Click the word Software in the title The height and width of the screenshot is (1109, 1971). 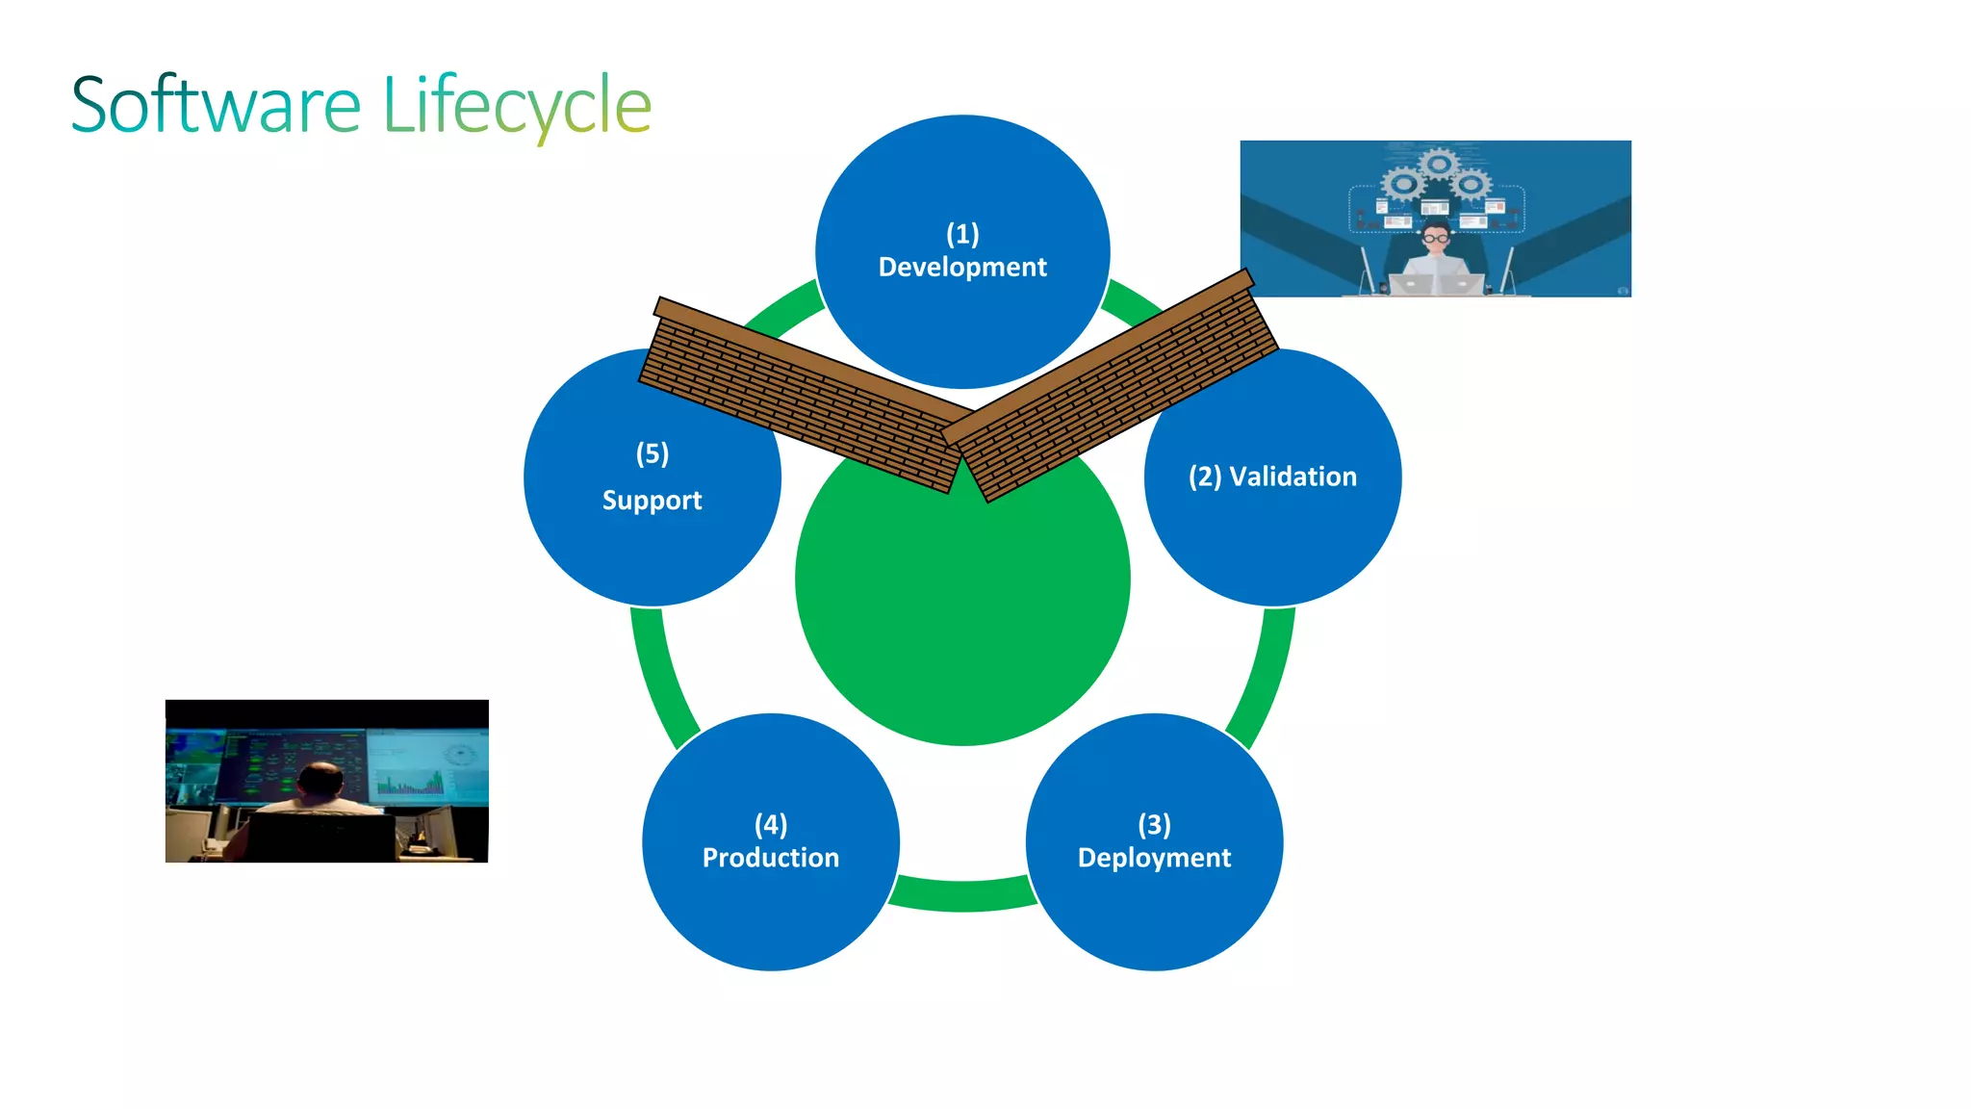[x=216, y=105]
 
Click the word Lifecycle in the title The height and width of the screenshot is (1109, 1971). [x=517, y=105]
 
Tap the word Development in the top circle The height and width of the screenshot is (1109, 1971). [x=962, y=267]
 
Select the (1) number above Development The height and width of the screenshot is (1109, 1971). [x=962, y=234]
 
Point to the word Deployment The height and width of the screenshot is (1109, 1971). [x=1154, y=858]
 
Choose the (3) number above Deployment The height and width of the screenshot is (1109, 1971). [x=1154, y=825]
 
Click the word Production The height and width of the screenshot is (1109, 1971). [x=770, y=858]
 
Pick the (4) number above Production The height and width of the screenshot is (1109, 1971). [x=770, y=825]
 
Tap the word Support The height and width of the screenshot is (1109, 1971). [x=652, y=501]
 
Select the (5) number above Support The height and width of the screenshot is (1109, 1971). [x=652, y=453]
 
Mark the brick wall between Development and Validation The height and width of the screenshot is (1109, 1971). [x=1116, y=385]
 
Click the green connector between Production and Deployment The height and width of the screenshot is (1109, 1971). [x=962, y=894]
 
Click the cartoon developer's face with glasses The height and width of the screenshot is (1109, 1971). [x=1436, y=237]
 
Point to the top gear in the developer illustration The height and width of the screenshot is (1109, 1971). [x=1438, y=164]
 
